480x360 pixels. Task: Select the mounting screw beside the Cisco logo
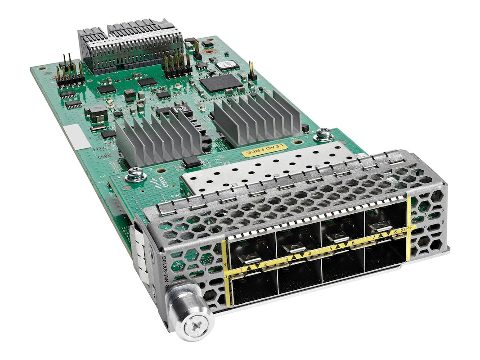point(135,174)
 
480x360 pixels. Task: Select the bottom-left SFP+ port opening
point(252,288)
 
